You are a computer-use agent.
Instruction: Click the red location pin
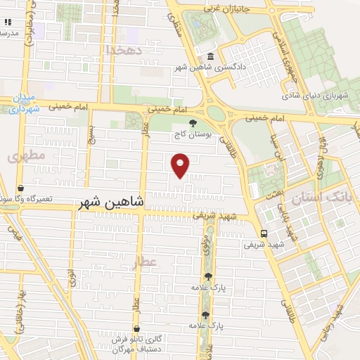coord(181,165)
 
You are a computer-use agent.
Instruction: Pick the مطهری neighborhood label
coord(26,155)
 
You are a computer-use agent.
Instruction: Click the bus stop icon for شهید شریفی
coord(263,233)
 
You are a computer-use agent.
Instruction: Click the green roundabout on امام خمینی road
coord(216,113)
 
